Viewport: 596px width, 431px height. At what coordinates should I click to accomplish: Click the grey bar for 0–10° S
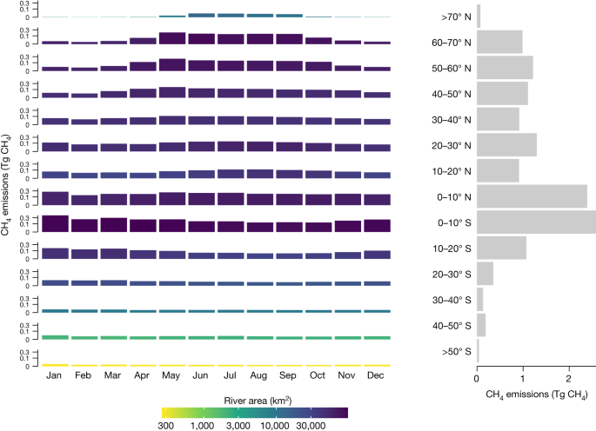click(536, 222)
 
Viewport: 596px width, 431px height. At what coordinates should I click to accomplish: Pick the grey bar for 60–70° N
click(499, 42)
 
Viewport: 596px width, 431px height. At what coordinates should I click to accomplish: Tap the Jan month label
click(54, 375)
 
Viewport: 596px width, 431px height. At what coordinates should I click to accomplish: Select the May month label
click(172, 375)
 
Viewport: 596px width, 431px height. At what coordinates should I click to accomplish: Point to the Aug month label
click(260, 375)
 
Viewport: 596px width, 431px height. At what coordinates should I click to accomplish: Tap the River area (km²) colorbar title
click(255, 398)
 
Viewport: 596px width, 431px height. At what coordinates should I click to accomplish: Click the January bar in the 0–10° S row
click(54, 223)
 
